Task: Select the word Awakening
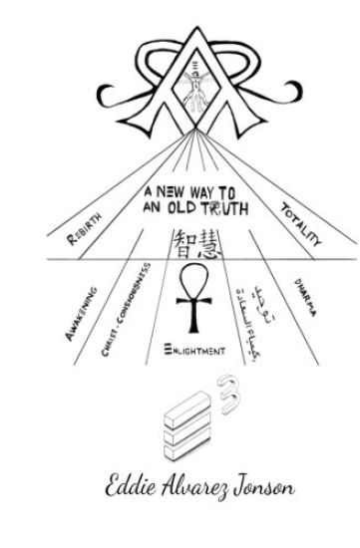(x=80, y=311)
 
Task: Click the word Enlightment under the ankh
(x=192, y=350)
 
